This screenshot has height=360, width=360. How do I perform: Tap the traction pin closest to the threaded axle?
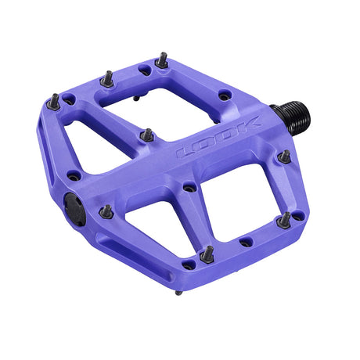[285, 156]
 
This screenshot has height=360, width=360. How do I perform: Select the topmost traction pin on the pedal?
[161, 60]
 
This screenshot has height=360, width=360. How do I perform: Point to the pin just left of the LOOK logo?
[146, 135]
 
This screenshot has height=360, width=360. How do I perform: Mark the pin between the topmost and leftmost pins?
[106, 78]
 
